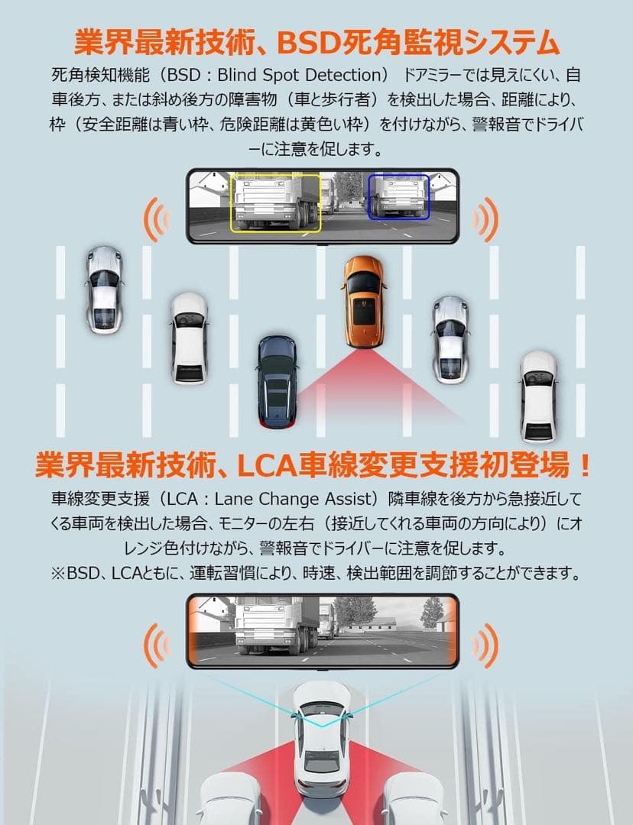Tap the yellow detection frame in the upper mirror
coord(275,202)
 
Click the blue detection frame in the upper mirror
coord(398,196)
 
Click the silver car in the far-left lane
coord(103,289)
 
